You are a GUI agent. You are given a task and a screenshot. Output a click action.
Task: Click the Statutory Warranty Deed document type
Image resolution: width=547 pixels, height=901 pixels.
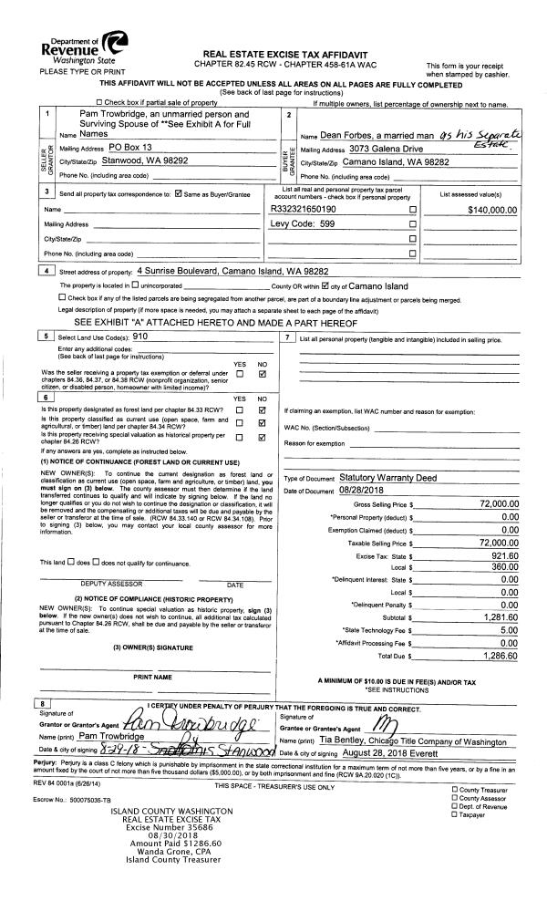click(388, 476)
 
